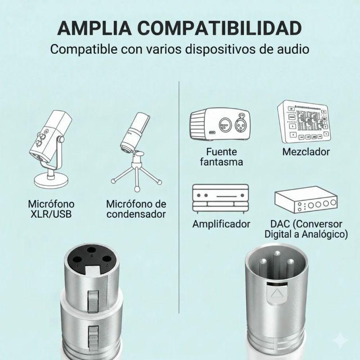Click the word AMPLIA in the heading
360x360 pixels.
(94, 28)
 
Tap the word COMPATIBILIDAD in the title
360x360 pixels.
(220, 28)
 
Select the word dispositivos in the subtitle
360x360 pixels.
(220, 49)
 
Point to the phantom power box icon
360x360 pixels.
(220, 124)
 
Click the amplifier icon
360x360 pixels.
(220, 199)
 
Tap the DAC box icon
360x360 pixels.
(306, 199)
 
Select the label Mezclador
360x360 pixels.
(306, 152)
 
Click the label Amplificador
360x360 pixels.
(221, 224)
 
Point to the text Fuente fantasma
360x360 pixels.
(221, 157)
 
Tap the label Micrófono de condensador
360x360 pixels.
(136, 209)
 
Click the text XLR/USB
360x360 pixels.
(51, 214)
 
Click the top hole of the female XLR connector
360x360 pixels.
(92, 250)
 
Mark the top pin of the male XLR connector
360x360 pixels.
(277, 253)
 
